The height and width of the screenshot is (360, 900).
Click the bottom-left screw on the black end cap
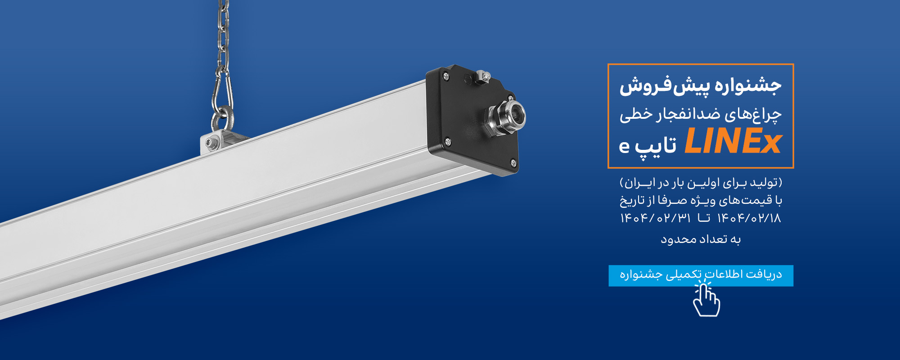448,142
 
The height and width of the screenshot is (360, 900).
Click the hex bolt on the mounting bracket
210,144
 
